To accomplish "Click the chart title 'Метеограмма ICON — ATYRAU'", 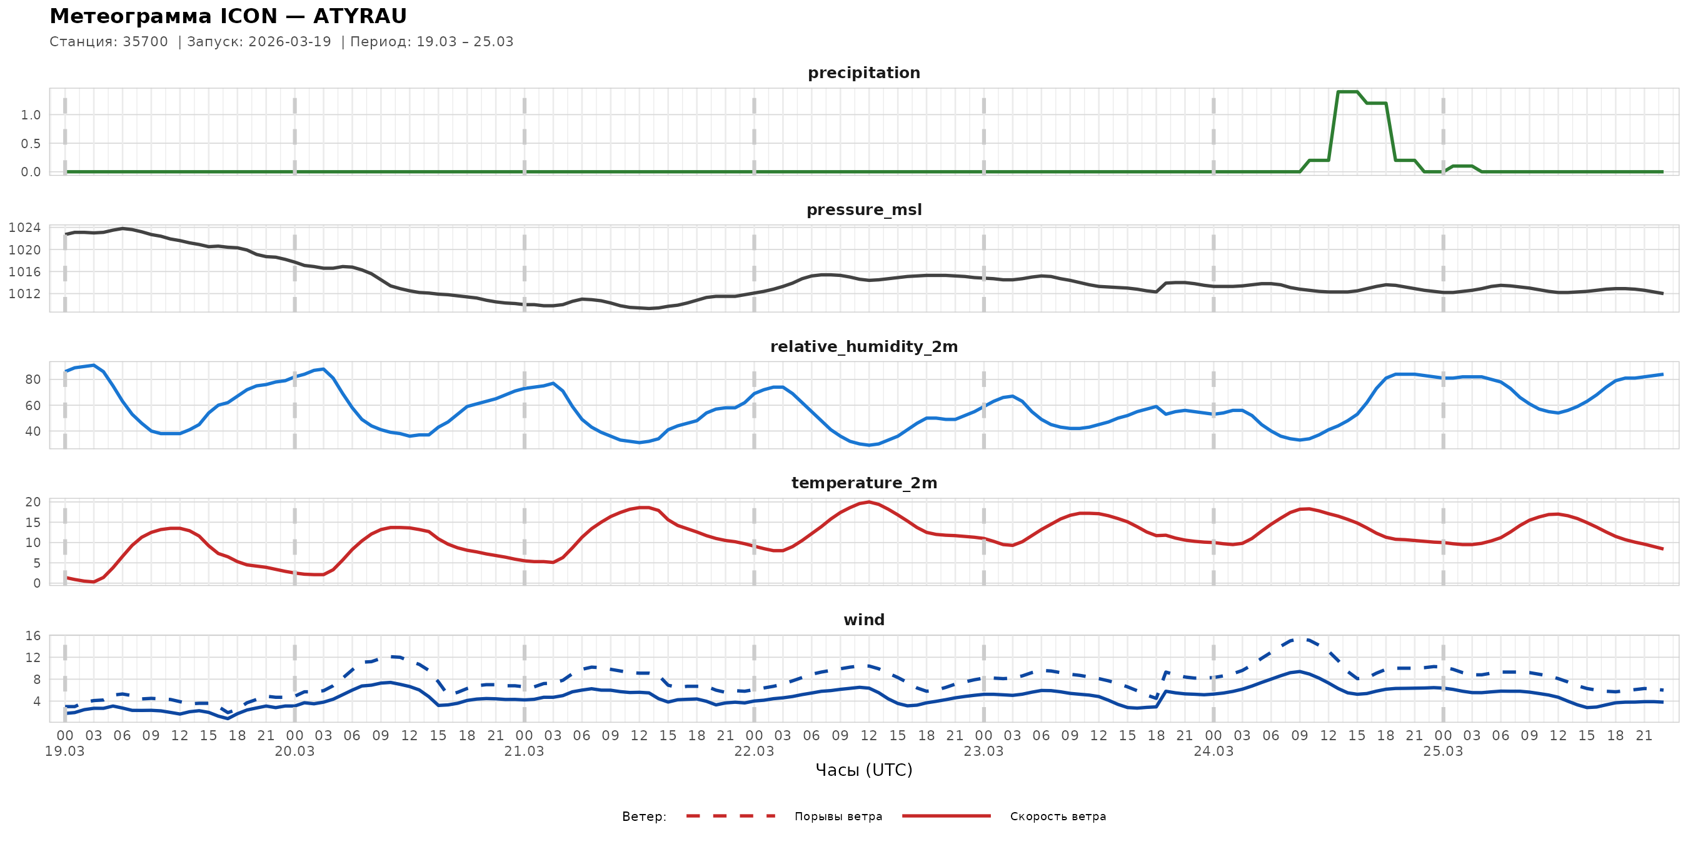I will pos(228,16).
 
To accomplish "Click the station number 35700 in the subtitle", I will pos(145,42).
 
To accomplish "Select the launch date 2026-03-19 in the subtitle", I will pos(289,42).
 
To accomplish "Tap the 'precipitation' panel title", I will pos(863,73).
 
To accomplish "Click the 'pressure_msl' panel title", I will pos(863,209).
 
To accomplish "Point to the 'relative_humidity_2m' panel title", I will pos(863,346).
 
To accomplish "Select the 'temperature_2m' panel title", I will pos(863,483).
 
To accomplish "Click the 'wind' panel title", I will pos(863,620).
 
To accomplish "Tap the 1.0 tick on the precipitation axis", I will pos(30,115).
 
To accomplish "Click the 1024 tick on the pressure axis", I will pos(24,228).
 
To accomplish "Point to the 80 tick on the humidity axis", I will pos(33,379).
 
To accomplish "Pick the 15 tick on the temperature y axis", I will pos(33,522).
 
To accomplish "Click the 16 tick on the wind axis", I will pos(33,636).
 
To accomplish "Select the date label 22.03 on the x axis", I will pos(753,751).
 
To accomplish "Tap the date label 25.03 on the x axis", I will pos(1443,751).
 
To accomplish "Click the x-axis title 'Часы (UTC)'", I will pos(863,770).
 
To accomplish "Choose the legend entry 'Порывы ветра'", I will pos(838,816).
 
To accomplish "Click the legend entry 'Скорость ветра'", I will pos(1058,816).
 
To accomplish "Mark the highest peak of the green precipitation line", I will pos(1347,92).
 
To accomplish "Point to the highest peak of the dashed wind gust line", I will pos(1301,638).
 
